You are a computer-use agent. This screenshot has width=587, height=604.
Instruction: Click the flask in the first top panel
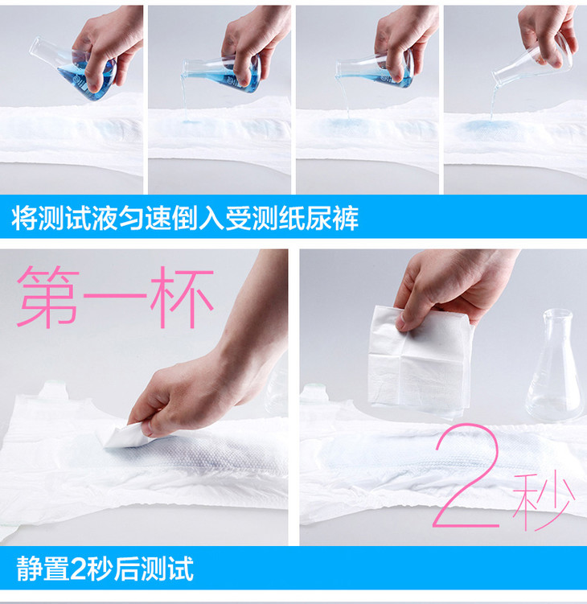73,68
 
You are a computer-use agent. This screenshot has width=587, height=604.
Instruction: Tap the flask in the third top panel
375,72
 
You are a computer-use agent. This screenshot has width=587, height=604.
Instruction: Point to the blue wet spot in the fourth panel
486,126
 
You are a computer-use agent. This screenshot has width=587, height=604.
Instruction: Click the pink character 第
48,297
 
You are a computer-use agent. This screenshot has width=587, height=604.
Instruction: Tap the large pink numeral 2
467,476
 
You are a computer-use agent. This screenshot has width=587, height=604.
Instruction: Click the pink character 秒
544,502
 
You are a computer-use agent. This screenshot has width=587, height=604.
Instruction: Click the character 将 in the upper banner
24,218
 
